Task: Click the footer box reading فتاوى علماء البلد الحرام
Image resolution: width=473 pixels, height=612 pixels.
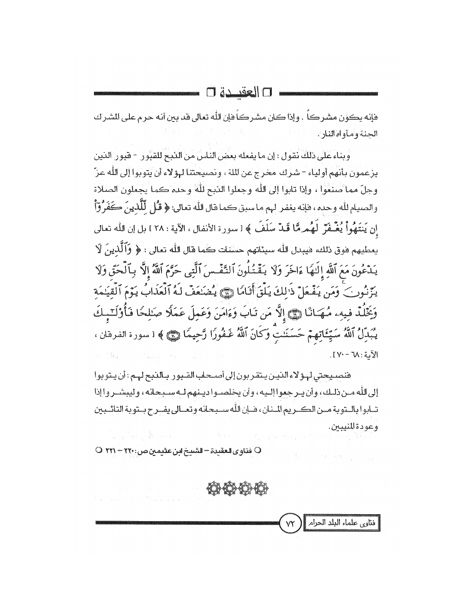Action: tap(344, 523)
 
